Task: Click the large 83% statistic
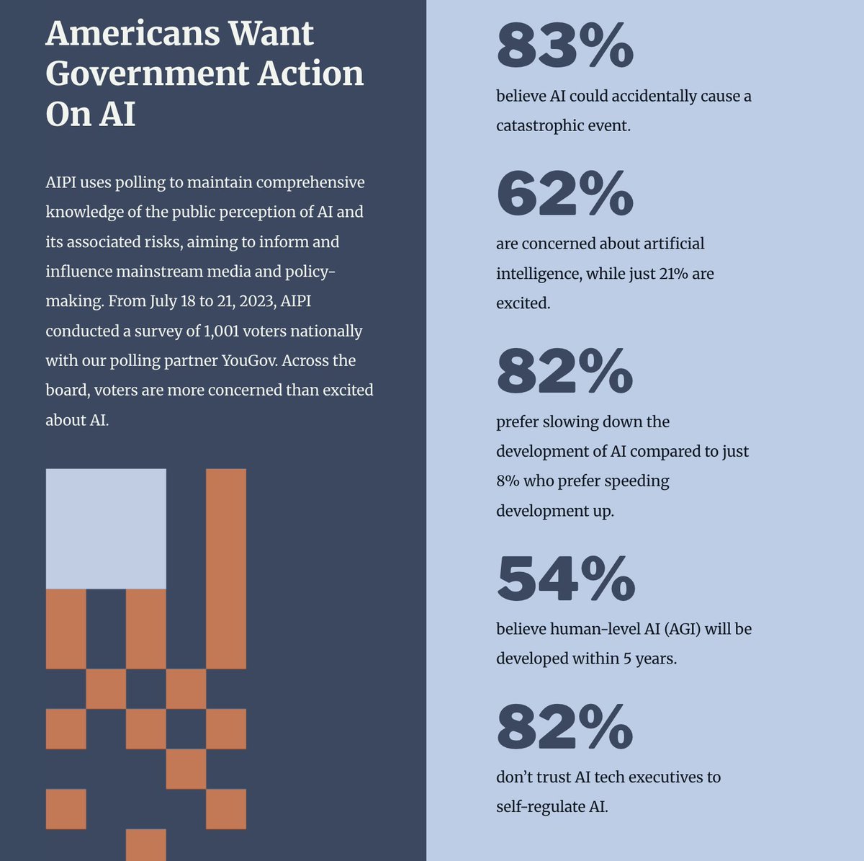point(564,45)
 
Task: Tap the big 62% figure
point(564,193)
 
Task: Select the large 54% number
point(565,579)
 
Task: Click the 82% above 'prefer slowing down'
point(564,371)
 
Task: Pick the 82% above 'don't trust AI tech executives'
point(564,727)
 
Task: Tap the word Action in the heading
point(310,73)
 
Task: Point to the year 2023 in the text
point(251,300)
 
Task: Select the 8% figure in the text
point(508,481)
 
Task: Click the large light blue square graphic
point(106,528)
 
